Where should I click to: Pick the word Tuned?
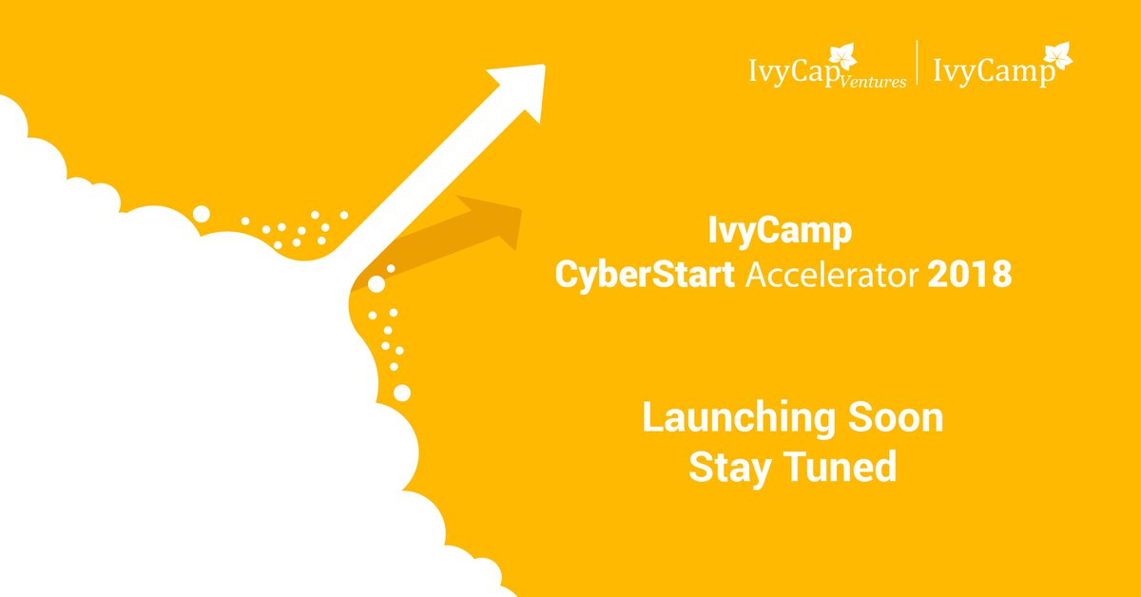841,467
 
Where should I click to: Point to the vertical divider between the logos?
917,65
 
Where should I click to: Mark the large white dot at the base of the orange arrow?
377,284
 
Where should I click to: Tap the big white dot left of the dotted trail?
201,214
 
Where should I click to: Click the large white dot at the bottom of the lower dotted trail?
402,392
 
